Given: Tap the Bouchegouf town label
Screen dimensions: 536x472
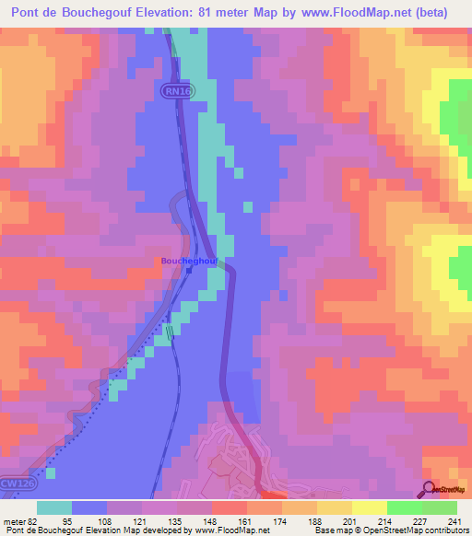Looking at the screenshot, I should tap(189, 261).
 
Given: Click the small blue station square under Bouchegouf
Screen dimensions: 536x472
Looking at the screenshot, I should tap(189, 270).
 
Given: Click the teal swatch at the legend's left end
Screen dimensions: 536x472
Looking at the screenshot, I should tap(54, 507).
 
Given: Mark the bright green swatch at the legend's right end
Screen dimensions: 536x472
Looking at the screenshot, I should tap(439, 507).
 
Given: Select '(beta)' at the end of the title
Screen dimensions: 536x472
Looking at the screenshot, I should tap(440, 14).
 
